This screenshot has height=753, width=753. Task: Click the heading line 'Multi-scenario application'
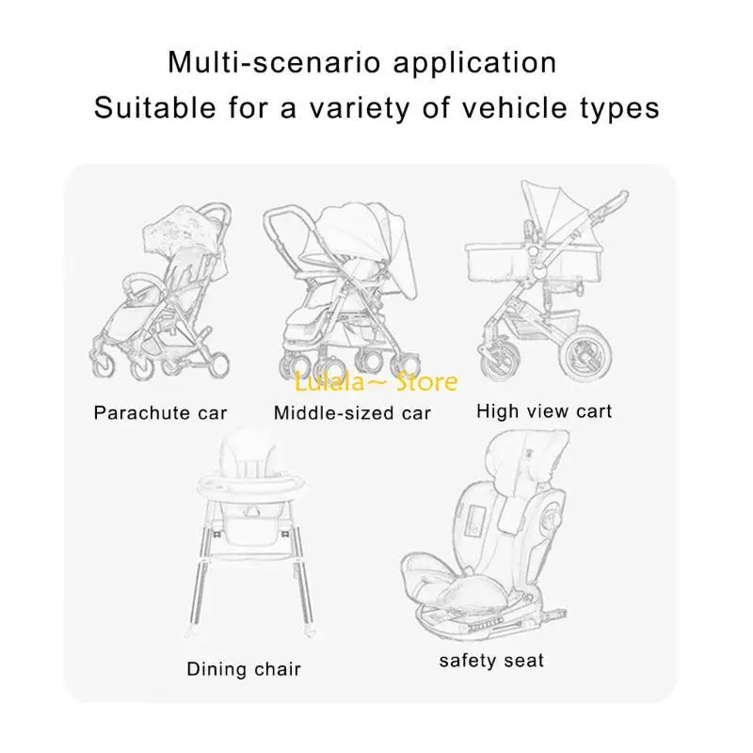[x=362, y=63]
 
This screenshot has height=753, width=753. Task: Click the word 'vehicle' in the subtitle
[x=509, y=108]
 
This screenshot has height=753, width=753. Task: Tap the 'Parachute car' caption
[x=161, y=412]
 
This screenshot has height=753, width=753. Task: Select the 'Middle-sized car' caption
[x=352, y=412]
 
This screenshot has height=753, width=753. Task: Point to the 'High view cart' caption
[x=544, y=410]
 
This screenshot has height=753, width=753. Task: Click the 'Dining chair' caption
[x=244, y=669]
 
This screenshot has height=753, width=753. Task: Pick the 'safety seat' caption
[x=491, y=660]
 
